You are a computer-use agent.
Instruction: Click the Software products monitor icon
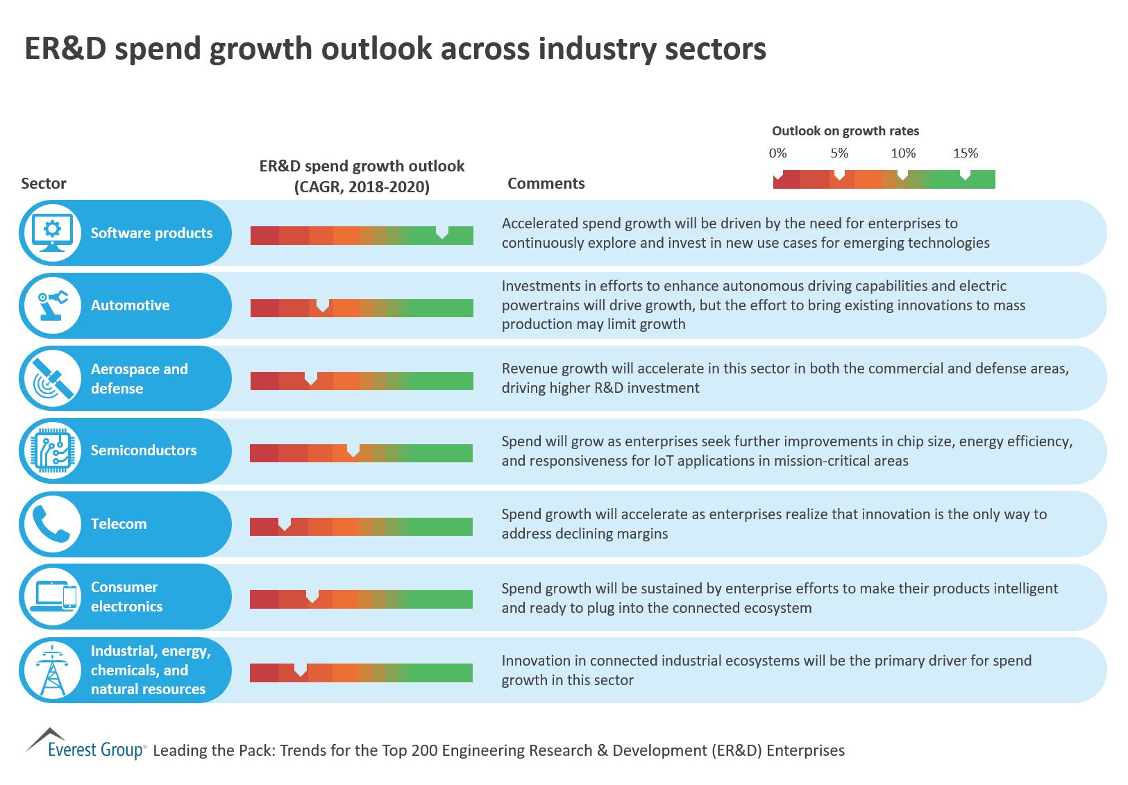click(53, 233)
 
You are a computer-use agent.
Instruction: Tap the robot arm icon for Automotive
click(53, 305)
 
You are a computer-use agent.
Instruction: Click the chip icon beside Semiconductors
click(53, 450)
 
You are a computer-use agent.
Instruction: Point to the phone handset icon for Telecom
click(53, 524)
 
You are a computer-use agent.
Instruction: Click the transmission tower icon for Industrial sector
click(53, 670)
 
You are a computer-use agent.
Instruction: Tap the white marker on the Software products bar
click(442, 233)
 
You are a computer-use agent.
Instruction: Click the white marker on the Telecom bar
click(285, 524)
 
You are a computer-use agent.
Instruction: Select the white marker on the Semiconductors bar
click(353, 450)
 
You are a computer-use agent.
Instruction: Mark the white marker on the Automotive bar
click(323, 305)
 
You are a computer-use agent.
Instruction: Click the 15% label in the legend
click(966, 153)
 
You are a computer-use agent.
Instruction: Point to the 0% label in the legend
click(778, 153)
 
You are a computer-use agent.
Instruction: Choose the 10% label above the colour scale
click(903, 153)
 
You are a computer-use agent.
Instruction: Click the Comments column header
click(546, 183)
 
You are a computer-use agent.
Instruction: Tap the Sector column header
click(44, 183)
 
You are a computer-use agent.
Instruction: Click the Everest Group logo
click(86, 745)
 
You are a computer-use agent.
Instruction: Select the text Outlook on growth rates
click(845, 131)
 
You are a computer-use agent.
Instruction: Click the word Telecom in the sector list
click(119, 524)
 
